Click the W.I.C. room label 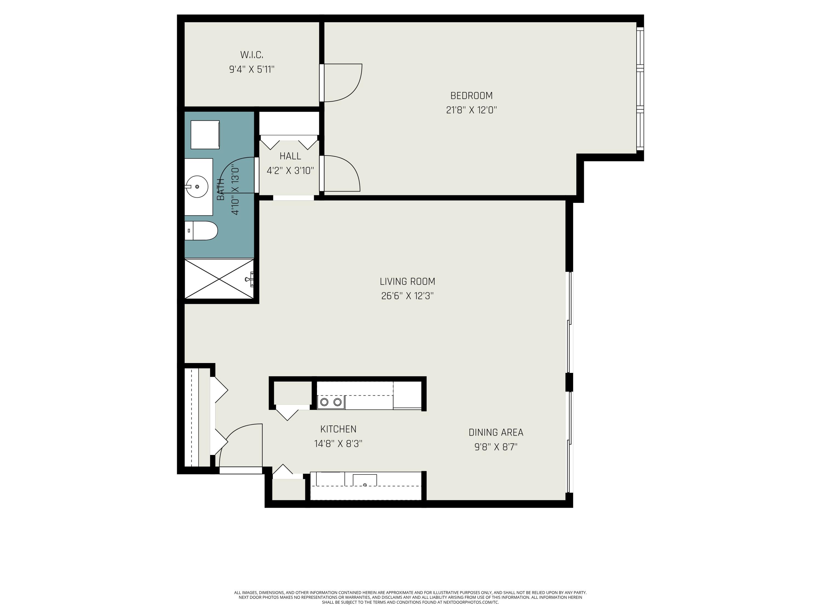[x=252, y=55]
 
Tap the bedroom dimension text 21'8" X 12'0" [x=471, y=110]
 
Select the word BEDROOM [x=471, y=96]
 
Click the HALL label [x=290, y=156]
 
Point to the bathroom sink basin [x=197, y=187]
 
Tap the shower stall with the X [x=219, y=279]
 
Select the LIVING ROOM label [x=407, y=282]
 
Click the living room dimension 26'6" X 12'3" [x=407, y=296]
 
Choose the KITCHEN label [x=338, y=429]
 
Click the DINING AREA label [x=496, y=433]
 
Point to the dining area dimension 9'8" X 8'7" [x=496, y=447]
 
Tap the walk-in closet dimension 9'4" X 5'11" [x=252, y=70]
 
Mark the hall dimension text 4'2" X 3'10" [x=290, y=171]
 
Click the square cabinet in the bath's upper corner [x=205, y=134]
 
